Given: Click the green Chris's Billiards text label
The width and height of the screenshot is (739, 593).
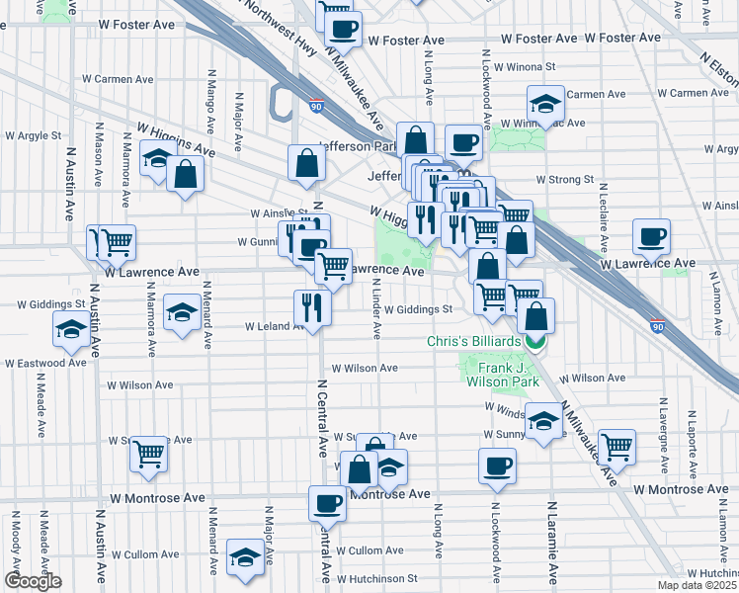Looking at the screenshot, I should (473, 341).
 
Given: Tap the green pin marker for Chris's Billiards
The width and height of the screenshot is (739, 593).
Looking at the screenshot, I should (535, 343).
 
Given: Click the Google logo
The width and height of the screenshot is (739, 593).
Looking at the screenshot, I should (33, 582).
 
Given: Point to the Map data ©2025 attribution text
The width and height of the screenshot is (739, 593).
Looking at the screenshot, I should (697, 584).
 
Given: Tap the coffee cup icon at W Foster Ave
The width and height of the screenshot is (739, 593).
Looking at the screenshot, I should (343, 31).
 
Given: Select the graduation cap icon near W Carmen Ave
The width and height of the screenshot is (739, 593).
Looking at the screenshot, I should (545, 102).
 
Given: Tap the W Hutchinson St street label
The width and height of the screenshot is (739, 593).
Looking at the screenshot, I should (375, 578).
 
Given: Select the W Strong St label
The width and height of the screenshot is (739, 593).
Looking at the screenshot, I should (564, 180).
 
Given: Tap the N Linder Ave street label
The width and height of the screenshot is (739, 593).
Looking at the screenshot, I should (376, 305).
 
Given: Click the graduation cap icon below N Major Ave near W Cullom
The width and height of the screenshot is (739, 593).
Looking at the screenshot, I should (244, 557).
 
